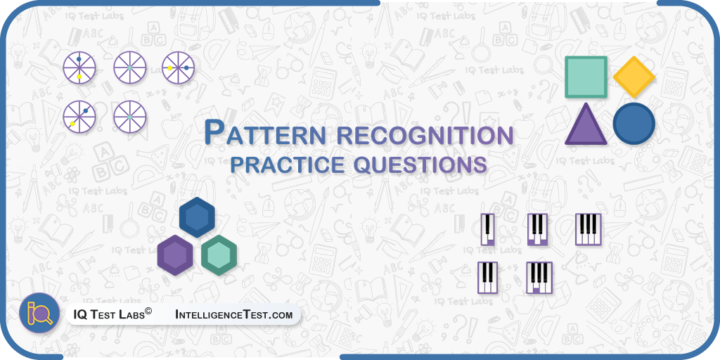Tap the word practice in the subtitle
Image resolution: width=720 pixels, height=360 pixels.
pyautogui.click(x=287, y=165)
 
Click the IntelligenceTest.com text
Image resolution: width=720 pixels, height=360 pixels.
pyautogui.click(x=233, y=315)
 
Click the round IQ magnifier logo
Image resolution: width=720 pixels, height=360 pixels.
pyautogui.click(x=39, y=313)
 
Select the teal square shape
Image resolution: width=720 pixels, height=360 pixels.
pyautogui.click(x=586, y=77)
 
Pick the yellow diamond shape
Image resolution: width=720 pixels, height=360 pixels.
pyautogui.click(x=634, y=77)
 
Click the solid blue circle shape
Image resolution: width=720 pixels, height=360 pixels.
pyautogui.click(x=634, y=124)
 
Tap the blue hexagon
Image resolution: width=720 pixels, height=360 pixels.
pyautogui.click(x=197, y=217)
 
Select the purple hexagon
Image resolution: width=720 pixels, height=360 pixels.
pyautogui.click(x=175, y=255)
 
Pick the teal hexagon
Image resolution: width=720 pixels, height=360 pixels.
pyautogui.click(x=219, y=255)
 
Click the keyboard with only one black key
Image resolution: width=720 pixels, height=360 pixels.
pyautogui.click(x=488, y=229)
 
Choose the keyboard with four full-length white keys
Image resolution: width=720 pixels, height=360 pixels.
pyautogui.click(x=589, y=229)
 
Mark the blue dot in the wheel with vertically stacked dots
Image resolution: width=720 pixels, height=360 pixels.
pyautogui.click(x=79, y=59)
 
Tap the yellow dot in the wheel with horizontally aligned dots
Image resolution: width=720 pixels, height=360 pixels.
pyautogui.click(x=170, y=68)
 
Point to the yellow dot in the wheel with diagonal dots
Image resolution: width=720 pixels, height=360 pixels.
pyautogui.click(x=72, y=124)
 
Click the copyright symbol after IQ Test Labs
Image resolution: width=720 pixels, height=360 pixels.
pyautogui.click(x=148, y=312)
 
